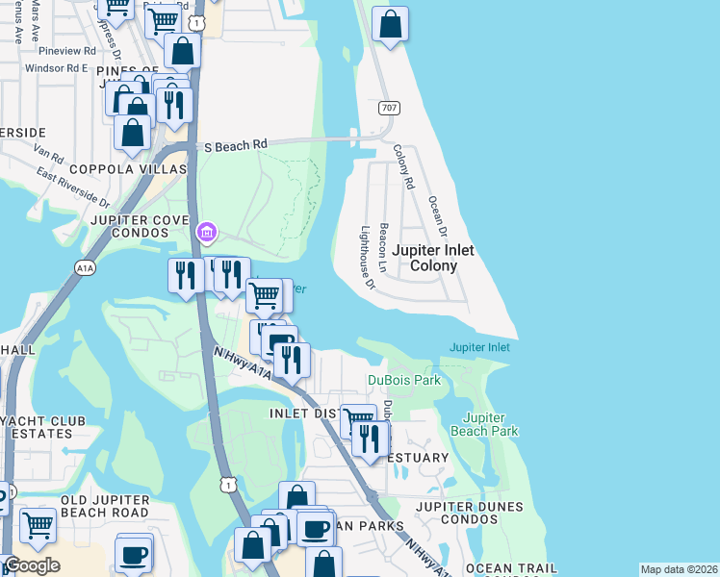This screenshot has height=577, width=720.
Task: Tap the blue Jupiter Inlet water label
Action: pos(479,347)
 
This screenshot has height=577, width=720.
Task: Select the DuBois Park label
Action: pos(404,380)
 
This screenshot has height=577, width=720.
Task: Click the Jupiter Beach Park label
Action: pos(490,424)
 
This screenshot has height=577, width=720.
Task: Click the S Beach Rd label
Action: pos(236,145)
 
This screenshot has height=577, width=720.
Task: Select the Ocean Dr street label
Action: pos(438,217)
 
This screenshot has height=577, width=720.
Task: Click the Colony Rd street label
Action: pos(403,165)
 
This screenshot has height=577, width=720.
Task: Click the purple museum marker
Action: pos(206,232)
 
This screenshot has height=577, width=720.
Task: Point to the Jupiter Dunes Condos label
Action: pos(470,513)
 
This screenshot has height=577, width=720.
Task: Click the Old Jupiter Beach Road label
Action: pos(105,507)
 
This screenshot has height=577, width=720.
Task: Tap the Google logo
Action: pos(32,565)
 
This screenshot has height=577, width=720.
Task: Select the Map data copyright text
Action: pos(679,569)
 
